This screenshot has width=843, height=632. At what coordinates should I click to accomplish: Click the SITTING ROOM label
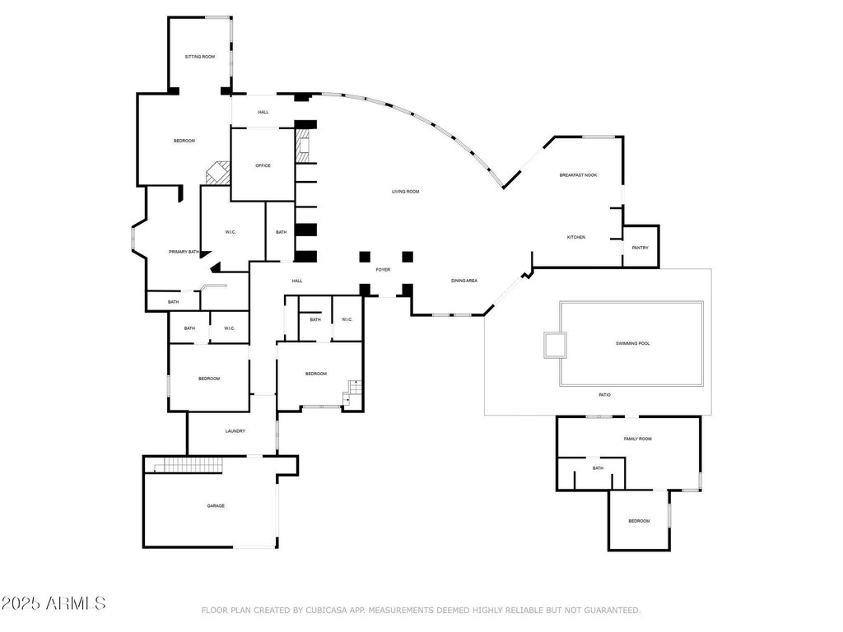(200, 57)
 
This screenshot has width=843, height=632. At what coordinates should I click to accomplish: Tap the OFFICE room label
(263, 165)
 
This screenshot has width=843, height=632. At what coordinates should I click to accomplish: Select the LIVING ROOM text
(405, 192)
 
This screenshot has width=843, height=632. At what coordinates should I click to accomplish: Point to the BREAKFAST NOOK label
(578, 175)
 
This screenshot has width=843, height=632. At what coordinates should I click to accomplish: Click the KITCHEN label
(575, 238)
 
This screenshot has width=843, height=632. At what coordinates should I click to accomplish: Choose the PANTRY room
(640, 248)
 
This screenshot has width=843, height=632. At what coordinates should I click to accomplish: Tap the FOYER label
(383, 270)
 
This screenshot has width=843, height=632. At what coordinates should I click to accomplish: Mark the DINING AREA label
(463, 281)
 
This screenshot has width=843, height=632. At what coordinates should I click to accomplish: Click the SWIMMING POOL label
(632, 343)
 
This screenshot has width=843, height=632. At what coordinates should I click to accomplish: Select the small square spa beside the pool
(554, 345)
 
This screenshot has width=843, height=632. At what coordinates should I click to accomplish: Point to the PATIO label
(604, 396)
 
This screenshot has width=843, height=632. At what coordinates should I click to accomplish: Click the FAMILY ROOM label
(637, 439)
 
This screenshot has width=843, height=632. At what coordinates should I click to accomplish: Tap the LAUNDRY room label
(235, 431)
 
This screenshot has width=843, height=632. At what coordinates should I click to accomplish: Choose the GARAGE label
(216, 506)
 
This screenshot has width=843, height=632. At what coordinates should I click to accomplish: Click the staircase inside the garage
(189, 467)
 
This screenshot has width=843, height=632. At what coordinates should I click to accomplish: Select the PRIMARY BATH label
(184, 252)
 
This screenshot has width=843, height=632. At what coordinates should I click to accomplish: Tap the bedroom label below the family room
(639, 521)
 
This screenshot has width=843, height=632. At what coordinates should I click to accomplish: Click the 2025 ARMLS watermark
(54, 604)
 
